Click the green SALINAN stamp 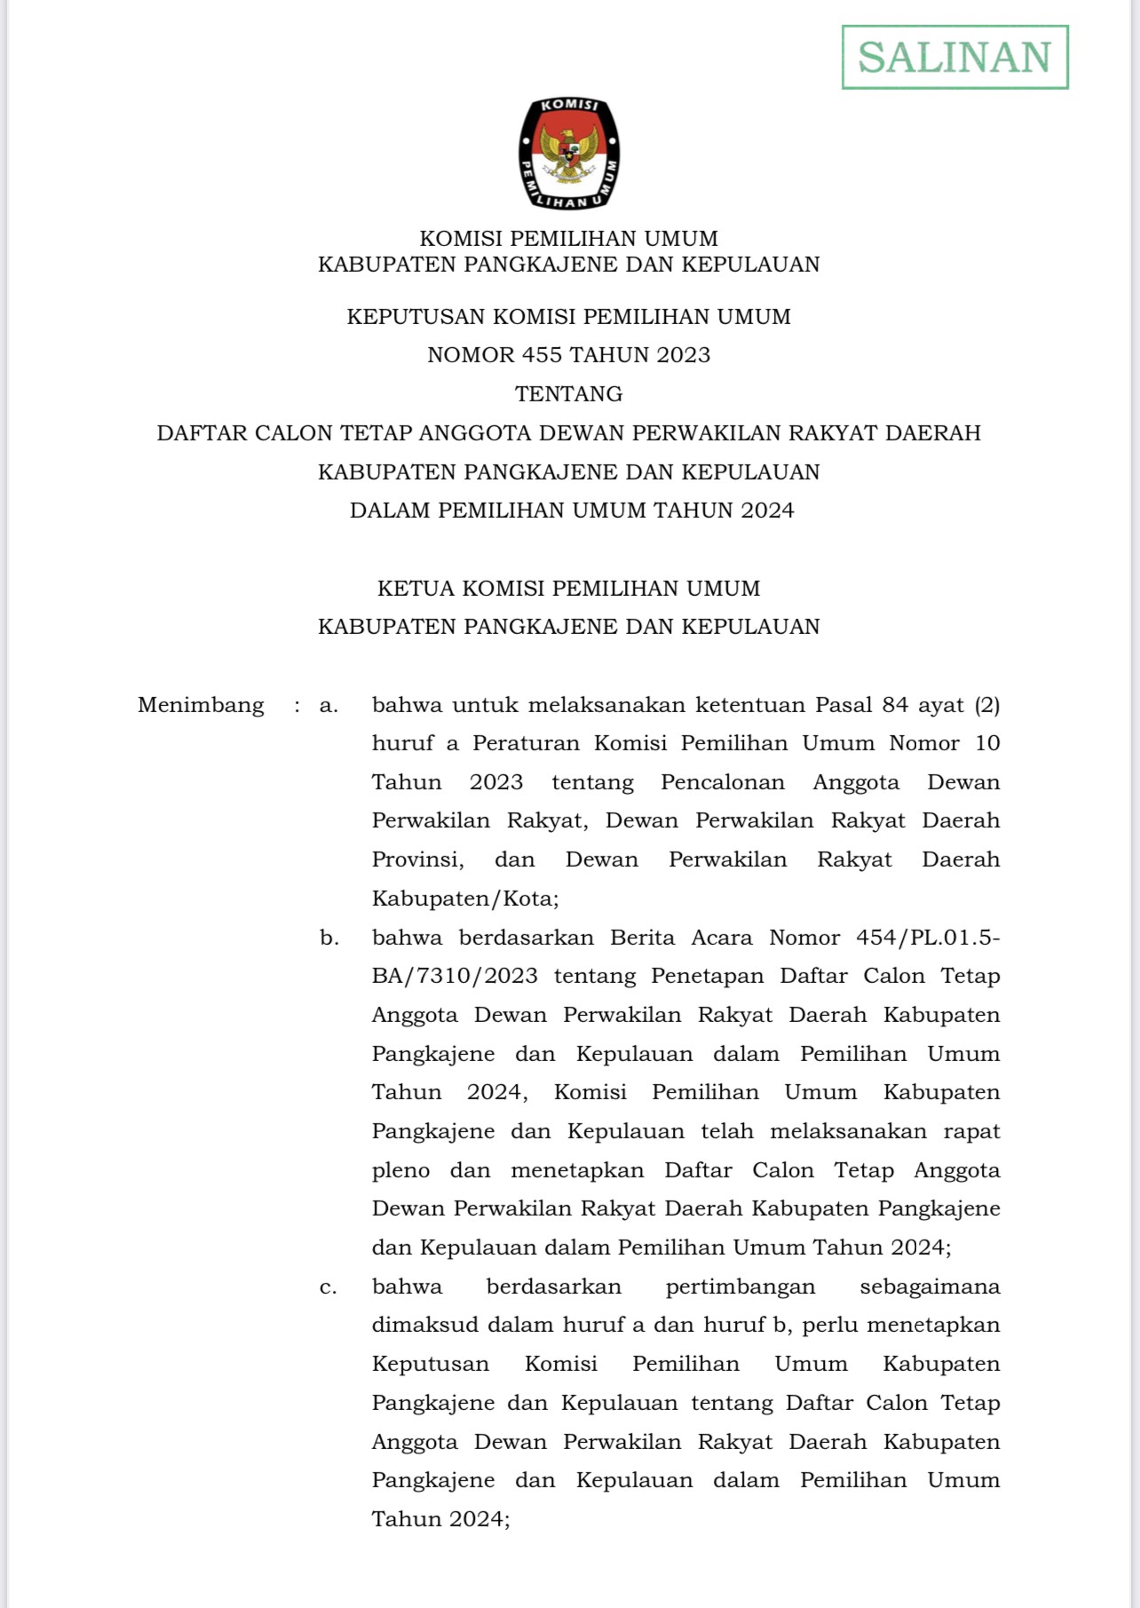[954, 58]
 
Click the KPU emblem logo [569, 154]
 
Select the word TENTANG [569, 393]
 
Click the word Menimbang [201, 705]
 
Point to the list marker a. [329, 705]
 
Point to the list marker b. [329, 938]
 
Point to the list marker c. [329, 1287]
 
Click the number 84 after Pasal [895, 705]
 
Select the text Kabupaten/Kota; [465, 899]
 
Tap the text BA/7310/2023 [455, 976]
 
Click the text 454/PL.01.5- [928, 938]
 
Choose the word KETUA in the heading [416, 589]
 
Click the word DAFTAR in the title [202, 433]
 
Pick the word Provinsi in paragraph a [417, 859]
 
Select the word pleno [400, 1170]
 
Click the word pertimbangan [740, 1287]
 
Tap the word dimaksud [417, 1326]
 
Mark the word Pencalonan [723, 782]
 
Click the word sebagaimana [930, 1287]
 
